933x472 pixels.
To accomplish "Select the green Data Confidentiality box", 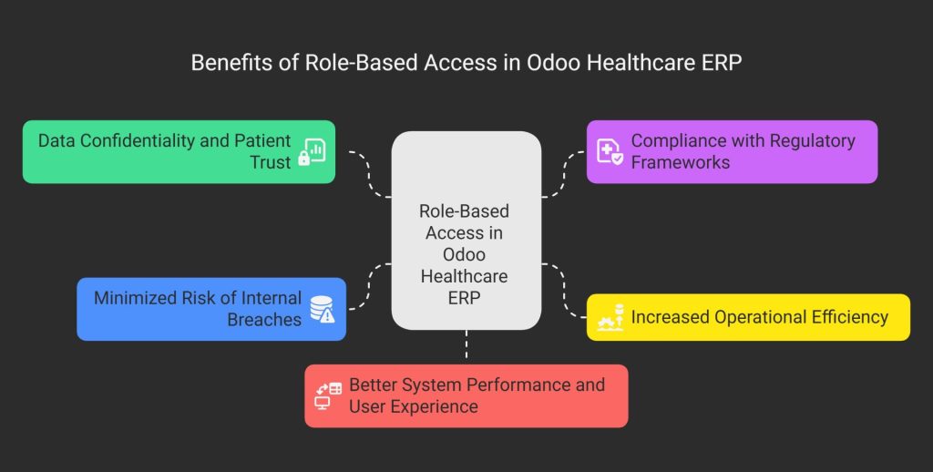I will coord(179,151).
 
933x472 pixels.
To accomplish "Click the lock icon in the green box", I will coord(313,152).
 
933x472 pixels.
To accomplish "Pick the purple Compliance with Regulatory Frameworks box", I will coord(732,151).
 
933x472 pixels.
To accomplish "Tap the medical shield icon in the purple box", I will coord(610,151).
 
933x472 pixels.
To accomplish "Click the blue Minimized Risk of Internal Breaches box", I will coord(210,309).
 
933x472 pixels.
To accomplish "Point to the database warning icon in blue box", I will coord(322,309).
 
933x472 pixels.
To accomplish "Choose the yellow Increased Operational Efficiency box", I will coord(747,317).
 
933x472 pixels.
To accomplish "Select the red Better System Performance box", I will coord(466,395).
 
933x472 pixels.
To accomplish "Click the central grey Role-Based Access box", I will coord(466,230).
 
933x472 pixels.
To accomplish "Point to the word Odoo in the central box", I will coord(464,254).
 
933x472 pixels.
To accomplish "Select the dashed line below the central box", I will coord(466,346).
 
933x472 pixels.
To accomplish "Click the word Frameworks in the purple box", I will coord(680,162).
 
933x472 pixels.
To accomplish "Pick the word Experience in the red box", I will coord(414,406).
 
